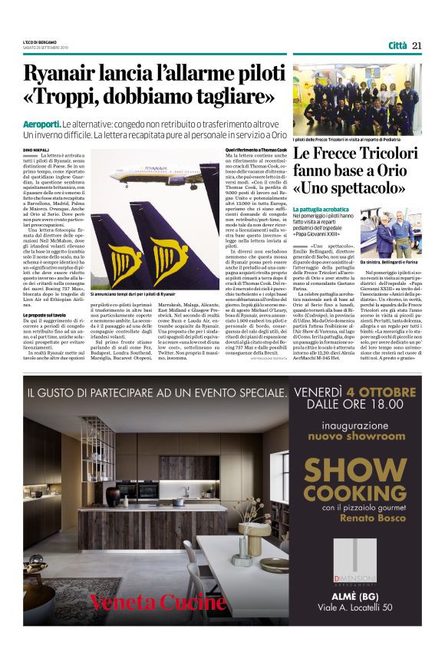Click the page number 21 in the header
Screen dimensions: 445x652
point(416,45)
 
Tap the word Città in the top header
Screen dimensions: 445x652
point(397,45)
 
